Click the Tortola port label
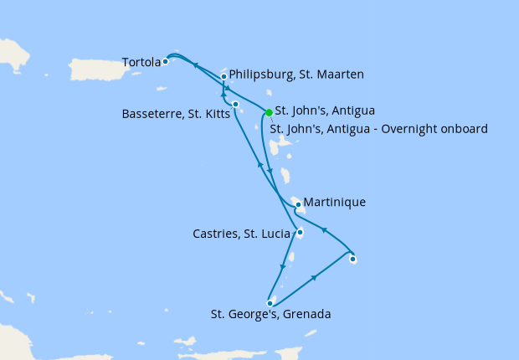click(141, 62)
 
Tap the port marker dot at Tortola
click(166, 61)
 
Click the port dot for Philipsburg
click(224, 77)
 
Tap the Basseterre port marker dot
click(236, 105)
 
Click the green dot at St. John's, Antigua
click(269, 112)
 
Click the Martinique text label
click(335, 203)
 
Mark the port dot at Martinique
click(298, 204)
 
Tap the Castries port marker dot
click(300, 234)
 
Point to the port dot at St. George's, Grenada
click(270, 304)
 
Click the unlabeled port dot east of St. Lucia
click(353, 260)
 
